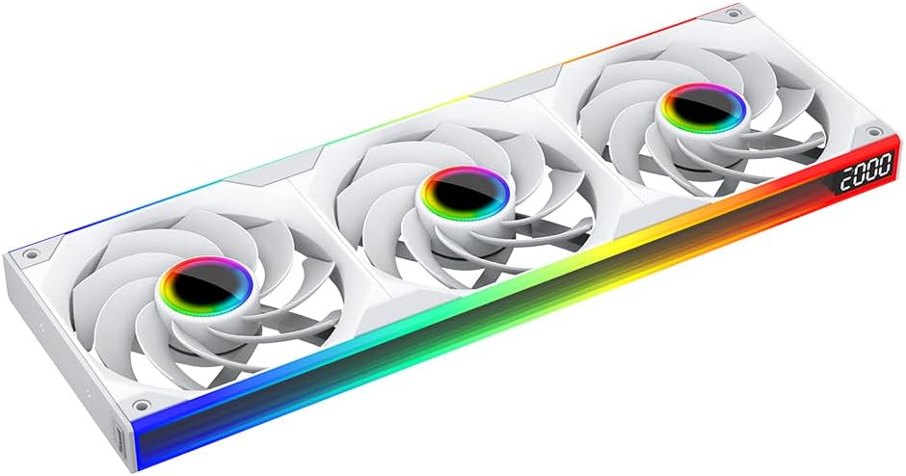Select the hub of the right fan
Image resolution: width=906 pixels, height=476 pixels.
[x=704, y=111]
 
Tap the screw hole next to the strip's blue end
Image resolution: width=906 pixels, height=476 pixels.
[x=141, y=405]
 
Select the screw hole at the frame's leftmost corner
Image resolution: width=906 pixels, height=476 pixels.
[x=30, y=253]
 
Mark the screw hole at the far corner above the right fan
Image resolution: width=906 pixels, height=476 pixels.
[x=733, y=13]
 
